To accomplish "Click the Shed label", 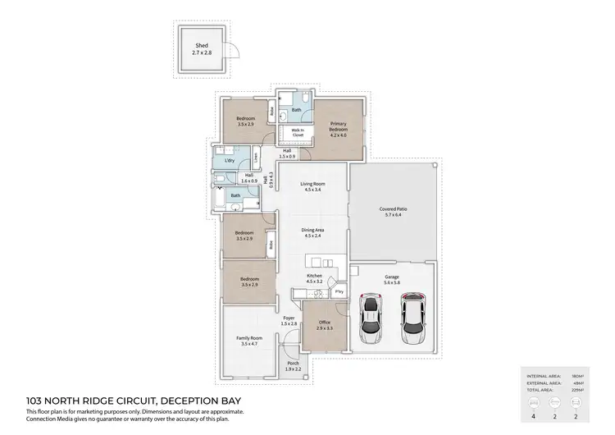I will pyautogui.click(x=202, y=49).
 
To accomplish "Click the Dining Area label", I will pyautogui.click(x=312, y=232).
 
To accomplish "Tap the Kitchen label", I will pyautogui.click(x=314, y=278).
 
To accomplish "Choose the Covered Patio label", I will pyautogui.click(x=394, y=212).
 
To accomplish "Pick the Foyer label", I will pyautogui.click(x=289, y=320).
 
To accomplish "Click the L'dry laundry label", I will pyautogui.click(x=230, y=160).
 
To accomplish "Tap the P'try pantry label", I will pyautogui.click(x=338, y=291).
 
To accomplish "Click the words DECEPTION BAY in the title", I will pyautogui.click(x=208, y=400).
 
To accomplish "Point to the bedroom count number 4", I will pyautogui.click(x=535, y=416).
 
